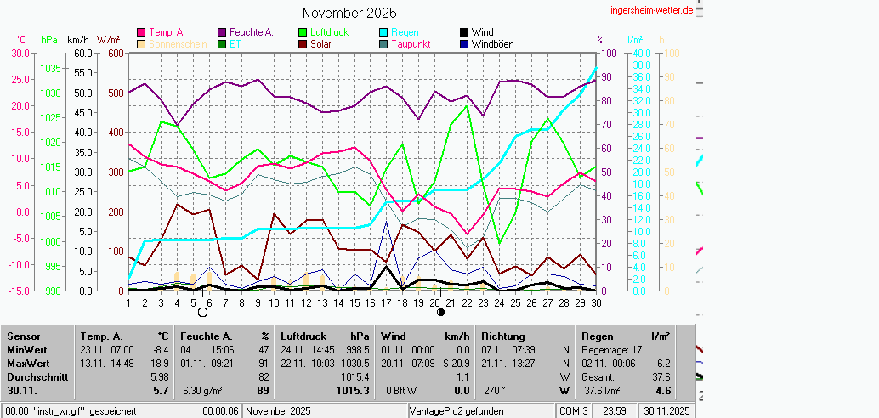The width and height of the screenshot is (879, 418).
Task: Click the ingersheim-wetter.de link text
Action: point(652,9)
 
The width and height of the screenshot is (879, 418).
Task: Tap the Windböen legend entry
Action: point(492,44)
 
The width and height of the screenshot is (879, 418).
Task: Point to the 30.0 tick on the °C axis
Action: point(20,53)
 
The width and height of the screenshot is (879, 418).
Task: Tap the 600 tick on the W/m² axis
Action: point(116,53)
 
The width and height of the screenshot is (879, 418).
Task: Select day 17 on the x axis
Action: point(387,302)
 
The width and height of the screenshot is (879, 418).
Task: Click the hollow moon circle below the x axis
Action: point(202,312)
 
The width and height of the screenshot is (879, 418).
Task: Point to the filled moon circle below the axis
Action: point(440,312)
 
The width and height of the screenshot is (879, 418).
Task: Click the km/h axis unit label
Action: point(77,40)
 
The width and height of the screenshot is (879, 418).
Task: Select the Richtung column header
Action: point(503,336)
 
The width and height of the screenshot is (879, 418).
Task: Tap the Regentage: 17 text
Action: point(612,349)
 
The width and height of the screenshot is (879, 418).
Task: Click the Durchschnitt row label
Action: point(35,376)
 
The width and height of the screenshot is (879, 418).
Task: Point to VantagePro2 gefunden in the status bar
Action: point(457,411)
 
